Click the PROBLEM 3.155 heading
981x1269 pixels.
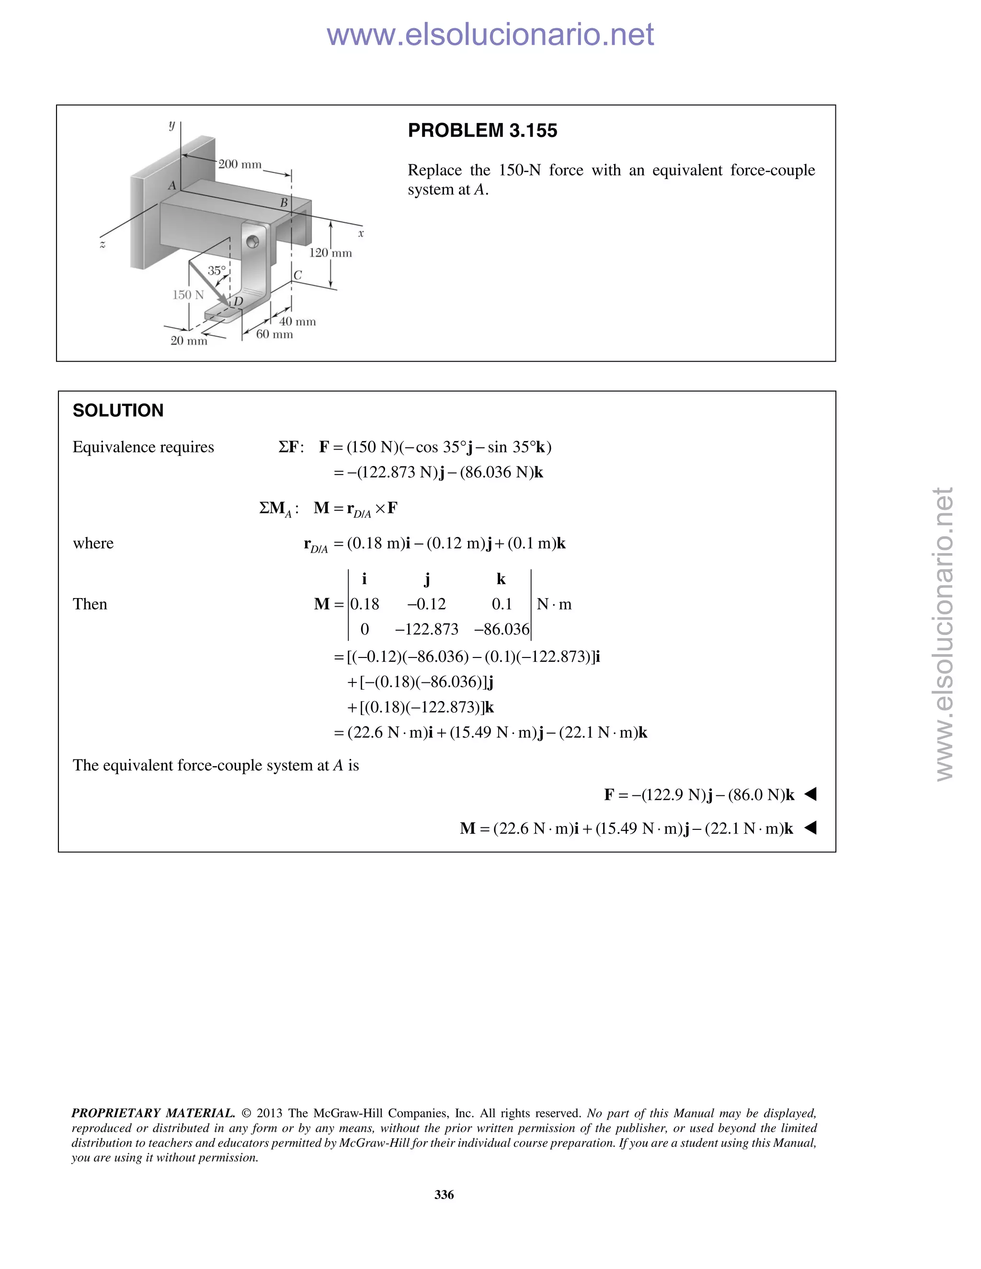coord(482,131)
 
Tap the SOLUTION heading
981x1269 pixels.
coord(118,411)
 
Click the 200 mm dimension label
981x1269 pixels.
coord(240,164)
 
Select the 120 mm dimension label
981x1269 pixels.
coord(330,253)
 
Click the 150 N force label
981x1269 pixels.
coord(188,295)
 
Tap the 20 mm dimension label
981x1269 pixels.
coord(188,341)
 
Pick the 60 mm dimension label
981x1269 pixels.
coord(274,335)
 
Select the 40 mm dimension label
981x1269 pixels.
coord(297,322)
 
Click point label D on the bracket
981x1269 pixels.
coord(238,302)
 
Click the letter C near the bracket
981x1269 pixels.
coord(297,275)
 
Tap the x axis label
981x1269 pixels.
coord(361,234)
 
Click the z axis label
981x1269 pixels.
coord(103,245)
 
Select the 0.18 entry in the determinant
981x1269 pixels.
coord(365,604)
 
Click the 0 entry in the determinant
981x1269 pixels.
coord(365,629)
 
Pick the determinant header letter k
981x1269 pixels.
coord(501,579)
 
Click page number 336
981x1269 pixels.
coord(444,1195)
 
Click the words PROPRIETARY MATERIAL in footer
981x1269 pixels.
coord(153,1113)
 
